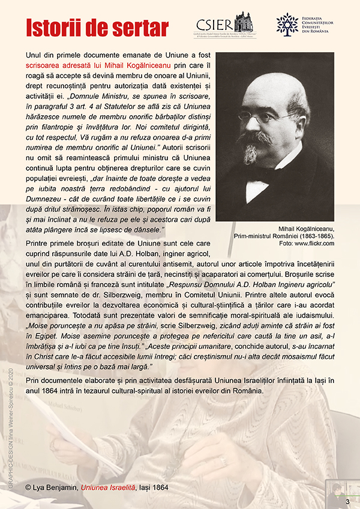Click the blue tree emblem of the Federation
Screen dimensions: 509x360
click(287, 23)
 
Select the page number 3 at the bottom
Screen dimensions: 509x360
click(347, 500)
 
